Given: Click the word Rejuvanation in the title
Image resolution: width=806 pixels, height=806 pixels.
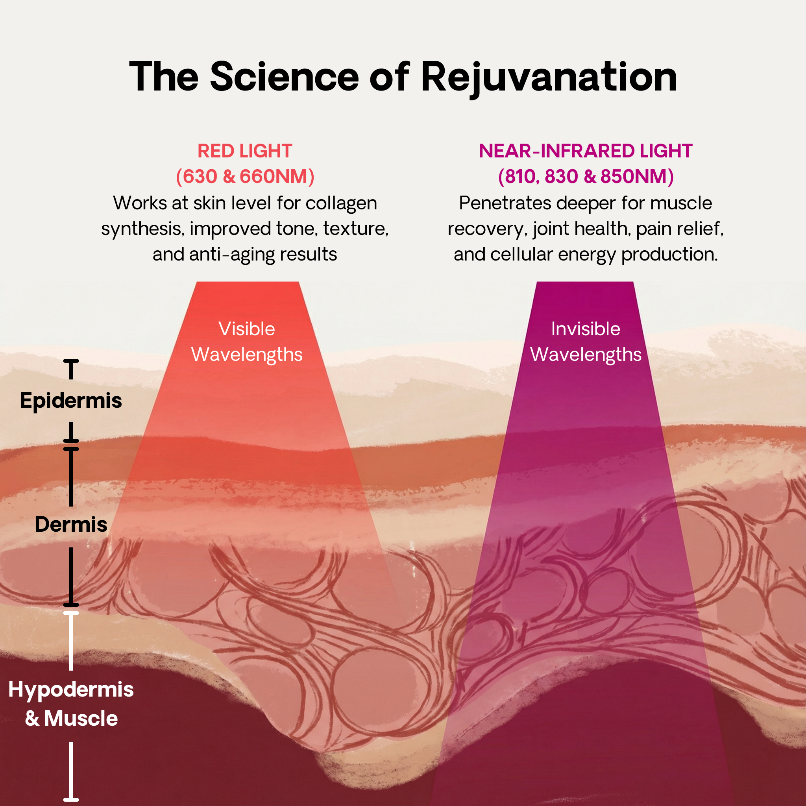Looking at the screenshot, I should point(548,77).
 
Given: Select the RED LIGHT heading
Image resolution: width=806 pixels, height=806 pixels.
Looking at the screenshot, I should point(244,151).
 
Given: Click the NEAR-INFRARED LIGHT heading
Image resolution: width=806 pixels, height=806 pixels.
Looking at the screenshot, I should point(585,151).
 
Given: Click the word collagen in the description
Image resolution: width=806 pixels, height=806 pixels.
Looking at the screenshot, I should point(341,203).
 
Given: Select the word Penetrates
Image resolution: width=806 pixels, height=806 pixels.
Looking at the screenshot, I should point(505,203).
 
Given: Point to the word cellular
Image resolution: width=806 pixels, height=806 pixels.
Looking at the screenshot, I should point(521,255).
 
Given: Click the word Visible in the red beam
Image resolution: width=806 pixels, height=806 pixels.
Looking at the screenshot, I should point(246,329).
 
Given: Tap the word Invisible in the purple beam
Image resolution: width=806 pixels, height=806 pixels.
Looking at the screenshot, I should point(585,329).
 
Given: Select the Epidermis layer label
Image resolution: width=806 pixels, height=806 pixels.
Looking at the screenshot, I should point(71,401).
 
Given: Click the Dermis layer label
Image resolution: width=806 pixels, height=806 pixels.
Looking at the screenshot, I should point(71,524).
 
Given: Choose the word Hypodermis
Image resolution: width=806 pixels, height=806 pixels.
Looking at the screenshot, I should point(71,689).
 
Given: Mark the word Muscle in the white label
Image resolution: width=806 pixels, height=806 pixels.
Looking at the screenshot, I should point(81,718).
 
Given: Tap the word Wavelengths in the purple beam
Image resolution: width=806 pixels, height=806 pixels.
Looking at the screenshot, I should point(585,355).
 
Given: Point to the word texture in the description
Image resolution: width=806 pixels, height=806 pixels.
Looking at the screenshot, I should point(355,229).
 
